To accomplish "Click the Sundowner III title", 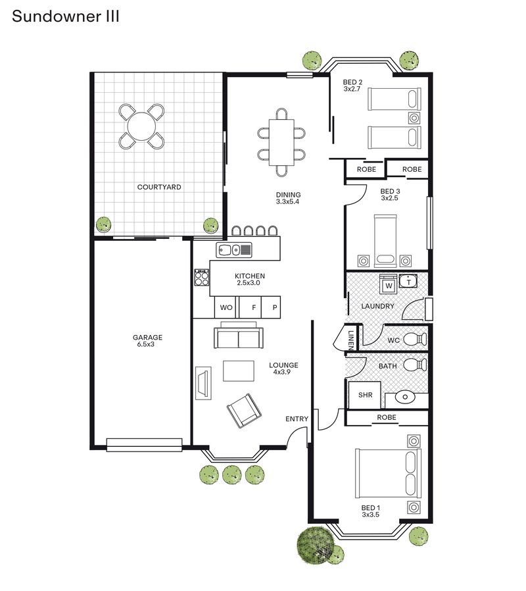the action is click(x=66, y=16).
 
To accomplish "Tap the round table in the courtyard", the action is click(x=141, y=126).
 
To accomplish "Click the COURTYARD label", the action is click(x=159, y=187).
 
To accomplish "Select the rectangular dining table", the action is click(x=281, y=142).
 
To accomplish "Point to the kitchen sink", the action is click(x=234, y=250).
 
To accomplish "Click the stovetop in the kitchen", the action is click(x=202, y=278).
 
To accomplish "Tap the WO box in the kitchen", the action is click(x=226, y=307).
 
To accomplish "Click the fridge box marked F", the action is click(x=251, y=307).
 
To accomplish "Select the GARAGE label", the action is click(x=147, y=338).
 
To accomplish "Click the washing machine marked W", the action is click(x=389, y=284).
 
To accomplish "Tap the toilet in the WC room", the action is click(x=416, y=339).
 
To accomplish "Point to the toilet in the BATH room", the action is click(x=416, y=365).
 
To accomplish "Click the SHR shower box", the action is click(x=365, y=395).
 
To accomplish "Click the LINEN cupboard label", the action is click(x=350, y=339).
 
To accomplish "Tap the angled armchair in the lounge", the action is click(x=244, y=411).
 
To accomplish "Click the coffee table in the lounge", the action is click(x=239, y=371).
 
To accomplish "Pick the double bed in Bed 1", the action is click(x=388, y=473).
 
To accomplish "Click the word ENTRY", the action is click(x=297, y=419).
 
